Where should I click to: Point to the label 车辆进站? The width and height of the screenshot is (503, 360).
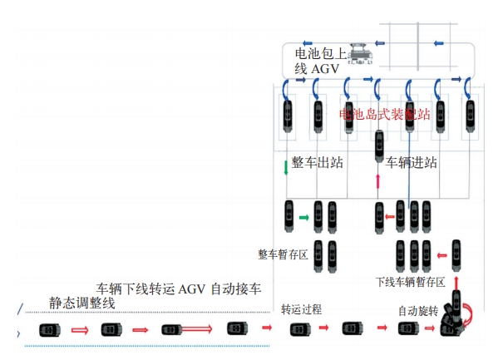[412, 162]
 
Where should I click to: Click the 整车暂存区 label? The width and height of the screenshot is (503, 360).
[284, 254]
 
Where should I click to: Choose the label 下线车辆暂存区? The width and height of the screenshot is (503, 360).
[410, 282]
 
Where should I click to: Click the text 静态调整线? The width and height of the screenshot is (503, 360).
[81, 303]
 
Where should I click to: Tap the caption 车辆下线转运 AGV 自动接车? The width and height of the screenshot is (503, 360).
[180, 289]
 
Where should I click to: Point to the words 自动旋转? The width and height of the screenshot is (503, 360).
[417, 310]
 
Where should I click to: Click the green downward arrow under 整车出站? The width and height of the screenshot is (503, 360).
[286, 167]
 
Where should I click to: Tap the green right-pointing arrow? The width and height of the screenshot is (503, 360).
[304, 218]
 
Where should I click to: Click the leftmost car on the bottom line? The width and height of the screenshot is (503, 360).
[48, 330]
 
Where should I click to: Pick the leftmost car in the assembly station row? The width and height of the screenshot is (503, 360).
[288, 116]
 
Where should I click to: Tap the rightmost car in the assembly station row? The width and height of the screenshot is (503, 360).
[471, 116]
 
